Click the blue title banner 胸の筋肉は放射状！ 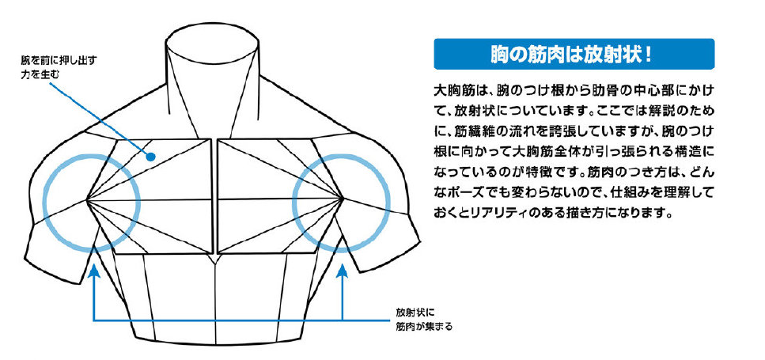[x=574, y=54]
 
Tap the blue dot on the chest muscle [x=151, y=157]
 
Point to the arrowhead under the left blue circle [x=93, y=271]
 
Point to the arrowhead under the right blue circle [x=343, y=271]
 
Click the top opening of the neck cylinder [x=212, y=36]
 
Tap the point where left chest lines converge [x=87, y=200]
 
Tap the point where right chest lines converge [x=343, y=199]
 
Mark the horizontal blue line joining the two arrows [x=218, y=320]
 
